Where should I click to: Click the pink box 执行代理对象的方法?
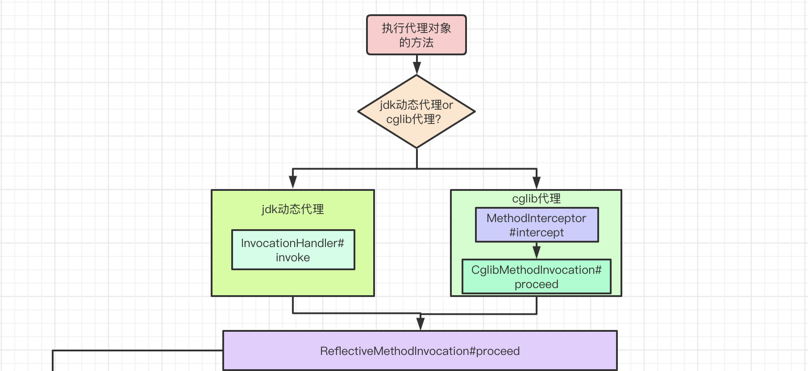point(416,35)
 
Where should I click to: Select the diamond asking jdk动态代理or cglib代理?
point(416,111)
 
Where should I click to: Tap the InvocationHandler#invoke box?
point(293,250)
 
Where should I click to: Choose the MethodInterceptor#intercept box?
point(537,225)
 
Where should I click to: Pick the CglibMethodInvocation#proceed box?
point(537,276)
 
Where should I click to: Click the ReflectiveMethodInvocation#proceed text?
point(420,351)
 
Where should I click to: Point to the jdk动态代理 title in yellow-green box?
point(293,209)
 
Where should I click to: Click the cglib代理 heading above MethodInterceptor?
point(537,198)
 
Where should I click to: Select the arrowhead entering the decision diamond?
point(416,68)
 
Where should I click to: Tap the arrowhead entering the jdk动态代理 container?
point(293,182)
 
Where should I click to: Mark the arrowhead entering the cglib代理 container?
point(537,182)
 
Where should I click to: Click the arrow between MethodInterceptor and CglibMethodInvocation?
point(537,251)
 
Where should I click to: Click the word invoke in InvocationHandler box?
point(293,257)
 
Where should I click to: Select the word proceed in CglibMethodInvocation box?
point(537,284)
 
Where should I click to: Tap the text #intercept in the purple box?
point(537,232)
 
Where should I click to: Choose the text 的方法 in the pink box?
point(416,42)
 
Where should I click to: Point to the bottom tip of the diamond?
point(416,148)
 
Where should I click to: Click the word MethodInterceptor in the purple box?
point(537,218)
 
